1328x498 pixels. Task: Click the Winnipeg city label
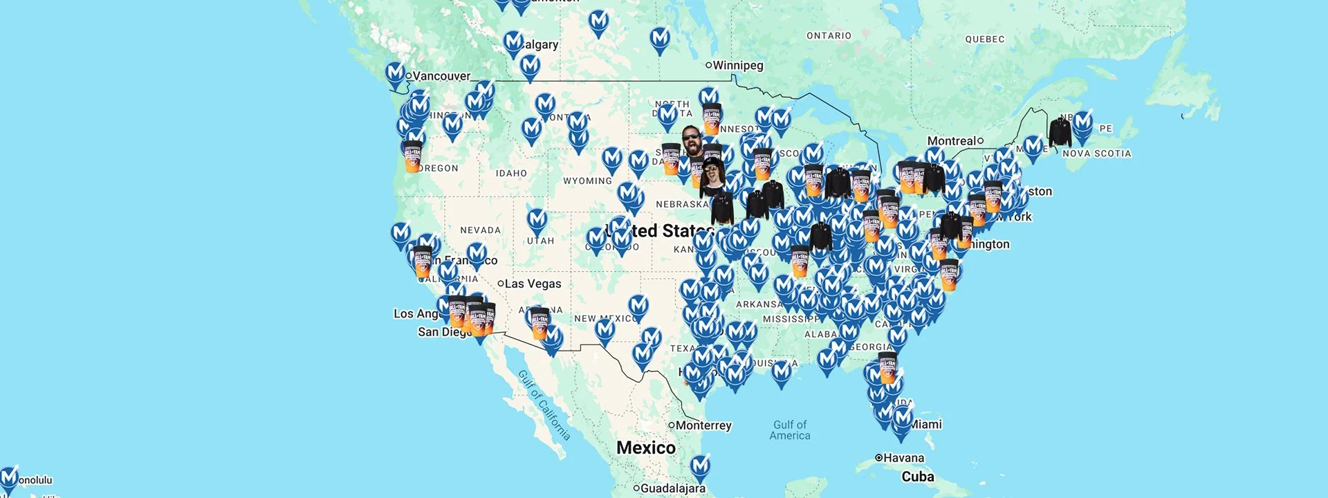click(x=737, y=66)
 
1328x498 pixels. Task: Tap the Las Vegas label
click(x=533, y=284)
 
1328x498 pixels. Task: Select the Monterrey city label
click(x=703, y=425)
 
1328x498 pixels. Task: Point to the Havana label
click(x=903, y=458)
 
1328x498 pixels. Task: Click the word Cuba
click(x=918, y=477)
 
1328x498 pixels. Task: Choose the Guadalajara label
click(x=672, y=488)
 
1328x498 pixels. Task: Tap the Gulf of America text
click(x=790, y=430)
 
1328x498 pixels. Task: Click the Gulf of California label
click(x=544, y=405)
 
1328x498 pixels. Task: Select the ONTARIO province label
click(x=829, y=36)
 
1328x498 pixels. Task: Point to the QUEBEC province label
click(x=985, y=39)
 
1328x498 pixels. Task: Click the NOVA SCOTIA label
click(x=1097, y=154)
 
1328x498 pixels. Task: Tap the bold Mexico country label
click(x=646, y=448)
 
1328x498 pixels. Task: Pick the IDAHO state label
click(x=511, y=174)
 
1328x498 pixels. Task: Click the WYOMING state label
click(x=587, y=181)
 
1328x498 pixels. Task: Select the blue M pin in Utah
click(x=537, y=221)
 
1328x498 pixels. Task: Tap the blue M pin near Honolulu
click(x=8, y=478)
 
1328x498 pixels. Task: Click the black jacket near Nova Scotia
click(x=1059, y=132)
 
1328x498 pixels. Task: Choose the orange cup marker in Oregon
click(x=412, y=156)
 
